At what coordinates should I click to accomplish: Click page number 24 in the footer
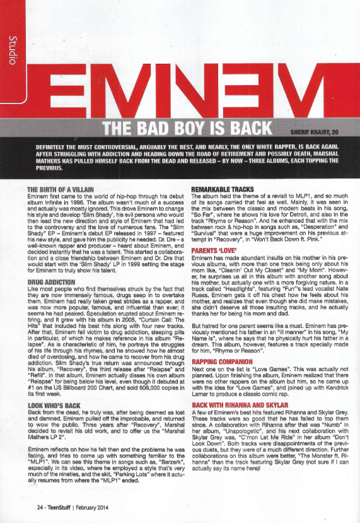pos(40,506)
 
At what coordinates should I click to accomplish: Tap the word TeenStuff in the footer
pos(64,506)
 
